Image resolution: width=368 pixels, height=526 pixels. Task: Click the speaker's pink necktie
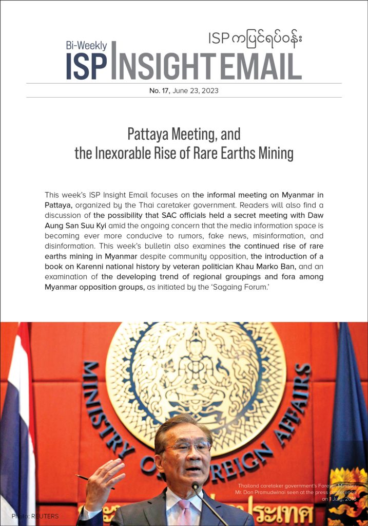point(183,511)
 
